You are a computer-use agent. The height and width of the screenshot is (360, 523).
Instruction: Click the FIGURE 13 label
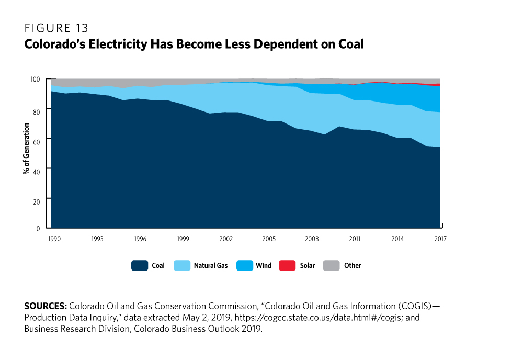tap(56, 29)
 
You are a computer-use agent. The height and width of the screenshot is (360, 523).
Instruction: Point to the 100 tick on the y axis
tap(36, 79)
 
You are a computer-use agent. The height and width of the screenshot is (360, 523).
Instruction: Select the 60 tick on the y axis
tap(37, 139)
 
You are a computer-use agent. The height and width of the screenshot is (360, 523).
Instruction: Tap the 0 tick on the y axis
tap(39, 229)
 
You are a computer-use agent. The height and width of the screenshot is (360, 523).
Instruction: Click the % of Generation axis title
tap(26, 153)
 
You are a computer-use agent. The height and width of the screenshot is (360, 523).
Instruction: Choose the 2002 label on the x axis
tap(226, 239)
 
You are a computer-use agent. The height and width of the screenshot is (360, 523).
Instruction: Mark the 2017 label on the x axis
tap(440, 239)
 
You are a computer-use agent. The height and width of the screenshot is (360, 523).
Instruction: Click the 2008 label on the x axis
tap(312, 239)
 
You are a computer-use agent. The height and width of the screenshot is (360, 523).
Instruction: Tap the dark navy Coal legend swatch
tap(139, 266)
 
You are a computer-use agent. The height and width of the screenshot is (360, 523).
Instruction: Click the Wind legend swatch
tap(245, 266)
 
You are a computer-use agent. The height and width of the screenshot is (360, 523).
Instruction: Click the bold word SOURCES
tap(46, 305)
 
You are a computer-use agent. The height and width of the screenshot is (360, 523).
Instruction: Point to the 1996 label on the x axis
tap(140, 239)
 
